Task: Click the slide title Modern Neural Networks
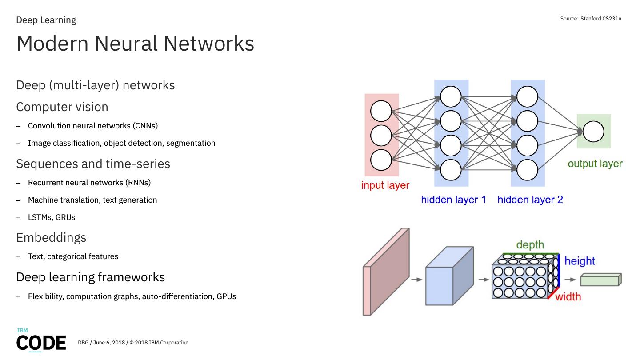coord(135,44)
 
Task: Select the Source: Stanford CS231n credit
coord(591,19)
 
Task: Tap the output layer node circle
coord(593,132)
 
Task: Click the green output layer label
coord(595,164)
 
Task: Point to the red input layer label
coord(385,185)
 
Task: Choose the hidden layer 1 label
coord(453,200)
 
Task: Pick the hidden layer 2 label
coord(530,200)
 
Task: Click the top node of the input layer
coord(381,111)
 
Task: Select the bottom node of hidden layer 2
coord(527,170)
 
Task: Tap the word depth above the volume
coord(530,245)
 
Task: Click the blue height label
coord(580,261)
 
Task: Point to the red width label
coord(568,297)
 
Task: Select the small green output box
coord(601,280)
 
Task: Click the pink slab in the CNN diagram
coord(386,272)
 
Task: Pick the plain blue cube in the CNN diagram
coord(449,276)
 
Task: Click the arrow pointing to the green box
coord(570,280)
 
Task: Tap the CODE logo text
coord(41,343)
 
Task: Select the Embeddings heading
coord(51,238)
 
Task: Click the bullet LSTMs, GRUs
coord(52,217)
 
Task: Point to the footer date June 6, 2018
coord(109,343)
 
